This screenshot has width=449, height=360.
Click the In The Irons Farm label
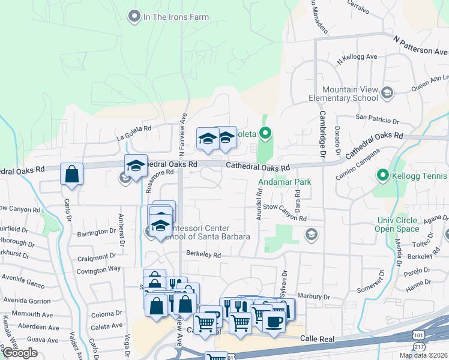(x=170, y=17)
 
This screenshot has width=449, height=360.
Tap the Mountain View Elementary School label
(x=343, y=94)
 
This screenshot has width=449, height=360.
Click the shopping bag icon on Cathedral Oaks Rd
(x=72, y=175)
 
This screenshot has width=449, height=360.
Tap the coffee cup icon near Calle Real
(x=274, y=322)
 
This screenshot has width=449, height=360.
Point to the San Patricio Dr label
(x=378, y=118)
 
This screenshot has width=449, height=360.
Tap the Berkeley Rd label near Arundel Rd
(x=204, y=255)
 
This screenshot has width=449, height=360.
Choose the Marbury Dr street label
(x=313, y=296)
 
